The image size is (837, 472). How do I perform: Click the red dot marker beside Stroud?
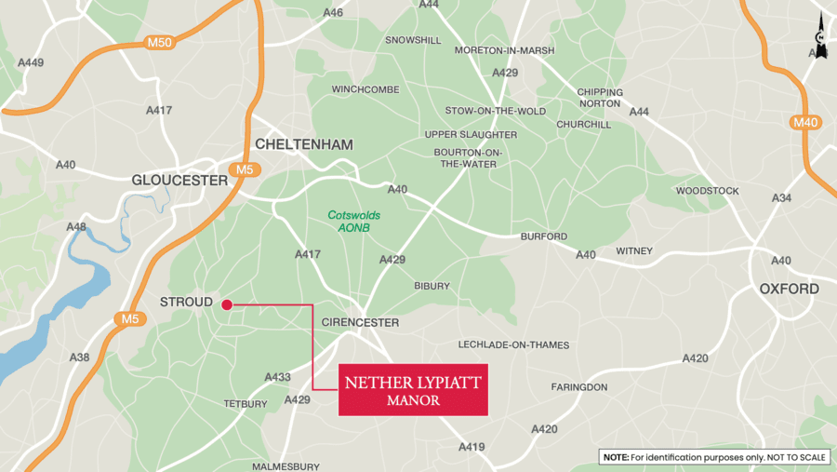pos(227,304)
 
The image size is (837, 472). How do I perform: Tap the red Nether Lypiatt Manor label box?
pos(413,390)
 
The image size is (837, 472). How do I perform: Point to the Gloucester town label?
pos(179,180)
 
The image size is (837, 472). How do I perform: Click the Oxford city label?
pos(789,289)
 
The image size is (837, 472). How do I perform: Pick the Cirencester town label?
pos(359,322)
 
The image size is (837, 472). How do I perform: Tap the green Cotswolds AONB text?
pos(353,221)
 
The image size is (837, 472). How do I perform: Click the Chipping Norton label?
pos(599,98)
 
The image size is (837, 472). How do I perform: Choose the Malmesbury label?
pos(286,466)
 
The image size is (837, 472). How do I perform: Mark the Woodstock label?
pos(707,191)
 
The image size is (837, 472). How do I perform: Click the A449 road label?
pos(31,63)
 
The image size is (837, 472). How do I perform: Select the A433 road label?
pos(277,377)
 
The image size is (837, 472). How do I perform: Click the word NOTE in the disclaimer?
pos(616,457)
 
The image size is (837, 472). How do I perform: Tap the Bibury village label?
pos(432,286)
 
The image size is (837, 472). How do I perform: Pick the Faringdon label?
pos(578,386)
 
